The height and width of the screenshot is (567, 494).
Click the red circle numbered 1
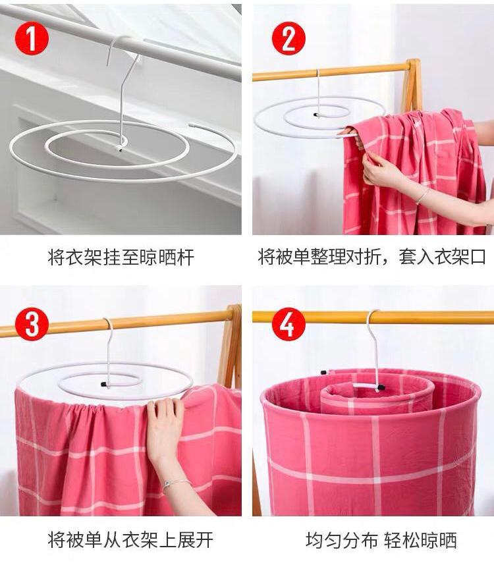(x=32, y=38)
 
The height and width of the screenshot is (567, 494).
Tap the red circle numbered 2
(x=288, y=38)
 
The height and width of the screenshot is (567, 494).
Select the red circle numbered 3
(x=32, y=324)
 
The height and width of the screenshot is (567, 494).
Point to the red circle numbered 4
(x=288, y=324)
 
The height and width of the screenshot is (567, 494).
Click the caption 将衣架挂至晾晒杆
(x=121, y=257)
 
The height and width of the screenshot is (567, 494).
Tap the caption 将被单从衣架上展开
(x=130, y=540)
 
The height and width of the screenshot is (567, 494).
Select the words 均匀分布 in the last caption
(x=341, y=540)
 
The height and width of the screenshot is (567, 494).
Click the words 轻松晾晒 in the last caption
(x=421, y=540)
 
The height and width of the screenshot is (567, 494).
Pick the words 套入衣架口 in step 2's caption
(x=442, y=256)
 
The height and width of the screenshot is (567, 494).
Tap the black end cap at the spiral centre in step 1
(x=119, y=148)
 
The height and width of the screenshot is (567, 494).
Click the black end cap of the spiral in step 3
(x=104, y=384)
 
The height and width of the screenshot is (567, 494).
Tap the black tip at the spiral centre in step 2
(x=316, y=115)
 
